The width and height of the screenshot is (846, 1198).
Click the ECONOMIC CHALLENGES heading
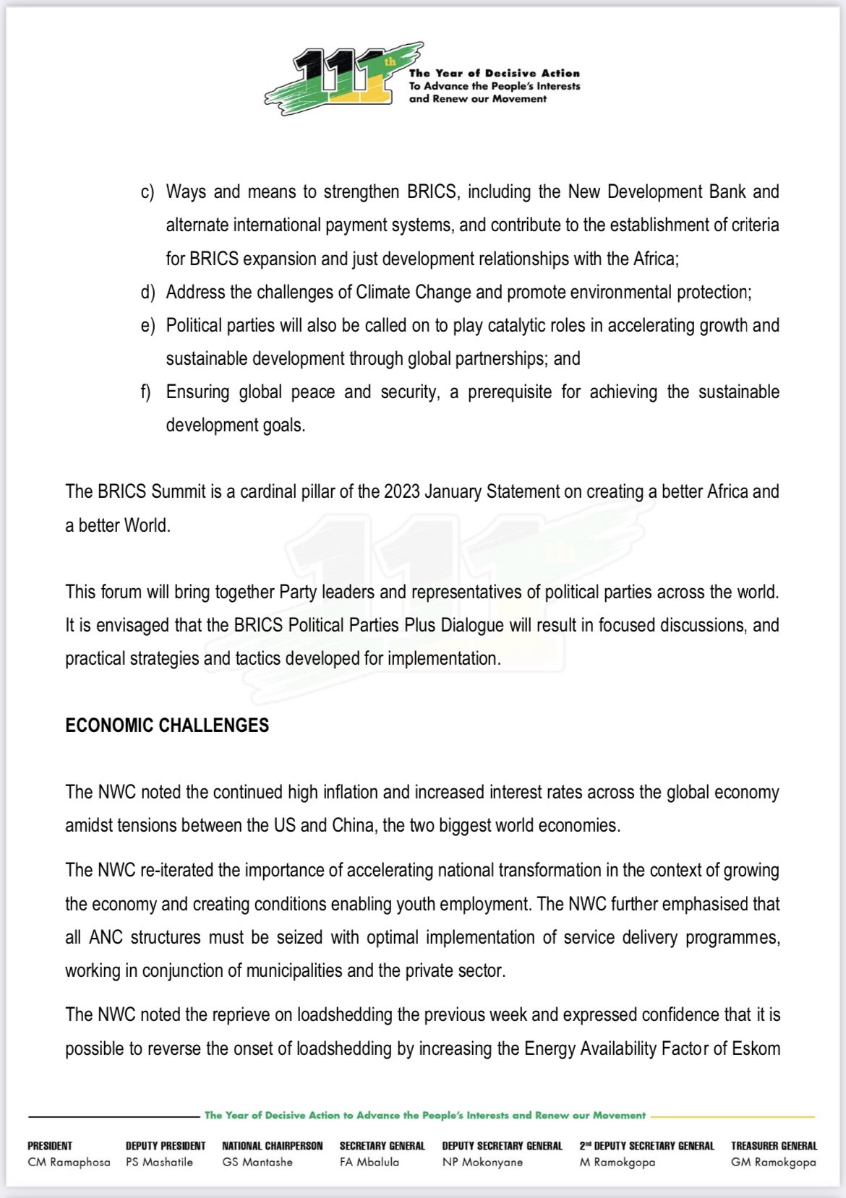coord(167,725)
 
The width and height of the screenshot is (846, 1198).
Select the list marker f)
coord(147,392)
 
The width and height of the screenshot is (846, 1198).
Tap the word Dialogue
coord(469,625)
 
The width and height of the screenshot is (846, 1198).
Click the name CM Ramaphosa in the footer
coord(69,1163)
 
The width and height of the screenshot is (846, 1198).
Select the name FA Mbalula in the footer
coord(369,1163)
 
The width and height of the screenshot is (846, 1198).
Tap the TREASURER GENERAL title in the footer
coord(774,1146)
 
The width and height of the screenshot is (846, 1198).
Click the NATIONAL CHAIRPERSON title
coord(272,1146)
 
